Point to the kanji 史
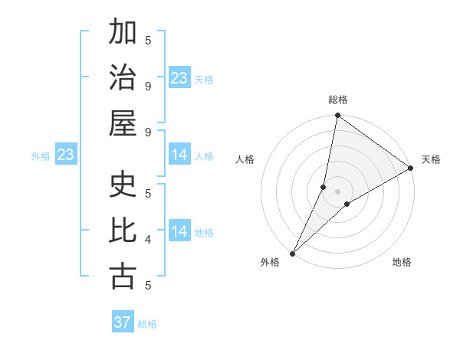tap(123, 184)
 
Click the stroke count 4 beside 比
tap(148, 239)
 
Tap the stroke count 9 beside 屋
tap(148, 132)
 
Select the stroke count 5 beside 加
tap(148, 40)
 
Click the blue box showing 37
tap(123, 322)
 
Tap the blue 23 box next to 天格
tap(179, 78)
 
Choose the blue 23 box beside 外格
tap(66, 155)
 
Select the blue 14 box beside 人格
tap(179, 155)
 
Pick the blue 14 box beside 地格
tap(179, 232)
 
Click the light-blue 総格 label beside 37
tap(147, 324)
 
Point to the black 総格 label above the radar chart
tap(338, 100)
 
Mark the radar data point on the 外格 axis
tap(293, 253)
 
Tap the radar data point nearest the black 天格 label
tap(410, 169)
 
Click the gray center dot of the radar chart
tap(338, 191)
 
